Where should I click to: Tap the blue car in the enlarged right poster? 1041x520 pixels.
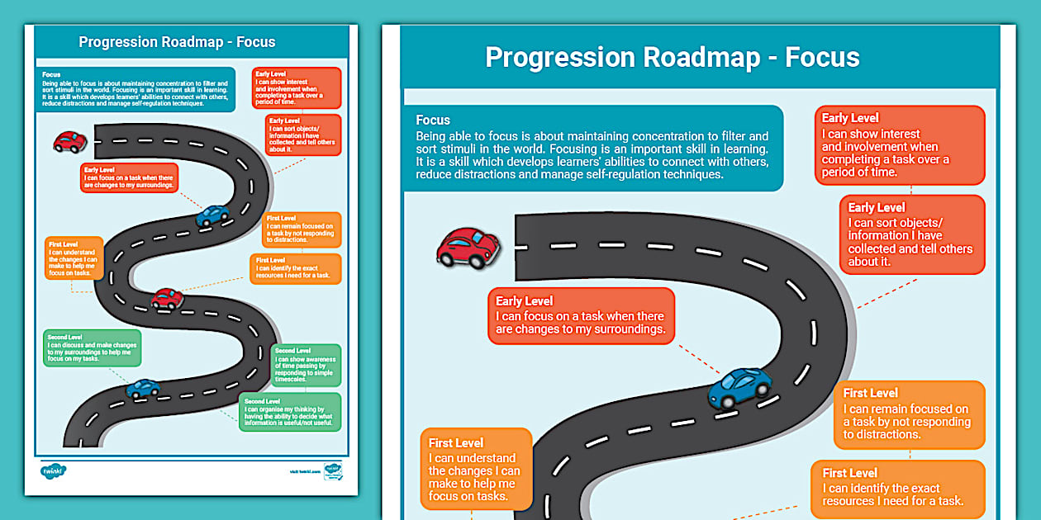click(x=739, y=386)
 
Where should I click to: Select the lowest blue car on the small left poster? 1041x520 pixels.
click(x=143, y=387)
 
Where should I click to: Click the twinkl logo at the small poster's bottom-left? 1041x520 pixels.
click(x=53, y=471)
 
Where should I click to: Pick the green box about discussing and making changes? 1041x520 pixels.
click(x=93, y=348)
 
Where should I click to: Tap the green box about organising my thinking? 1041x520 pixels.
click(x=291, y=412)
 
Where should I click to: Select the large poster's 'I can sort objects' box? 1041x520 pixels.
click(x=912, y=234)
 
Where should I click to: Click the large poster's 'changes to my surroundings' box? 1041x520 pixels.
click(x=581, y=315)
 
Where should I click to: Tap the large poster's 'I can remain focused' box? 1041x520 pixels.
click(x=909, y=414)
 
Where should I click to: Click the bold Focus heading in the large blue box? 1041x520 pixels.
click(x=433, y=121)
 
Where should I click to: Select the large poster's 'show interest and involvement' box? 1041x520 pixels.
click(x=900, y=144)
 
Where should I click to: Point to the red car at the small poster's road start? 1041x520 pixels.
click(x=69, y=142)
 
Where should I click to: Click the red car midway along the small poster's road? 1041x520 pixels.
click(x=167, y=298)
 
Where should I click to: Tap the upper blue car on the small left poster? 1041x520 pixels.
click(x=212, y=215)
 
